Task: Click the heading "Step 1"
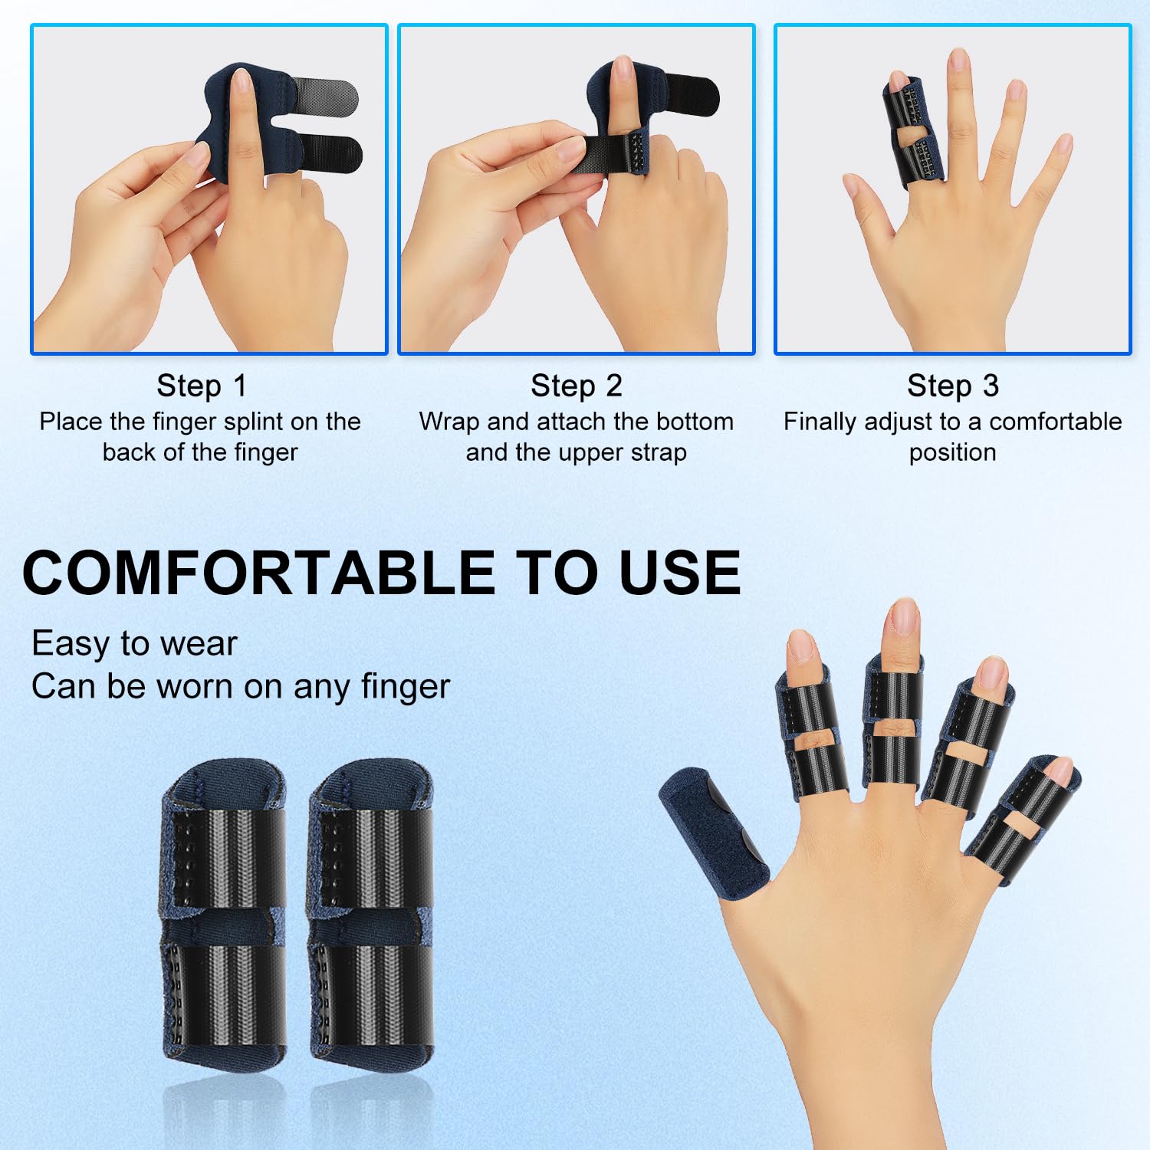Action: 202,386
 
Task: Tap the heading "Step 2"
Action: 577,386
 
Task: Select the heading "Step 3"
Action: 953,386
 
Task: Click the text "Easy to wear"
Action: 134,643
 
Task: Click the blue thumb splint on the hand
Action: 713,832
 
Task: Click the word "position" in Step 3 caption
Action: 953,453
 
